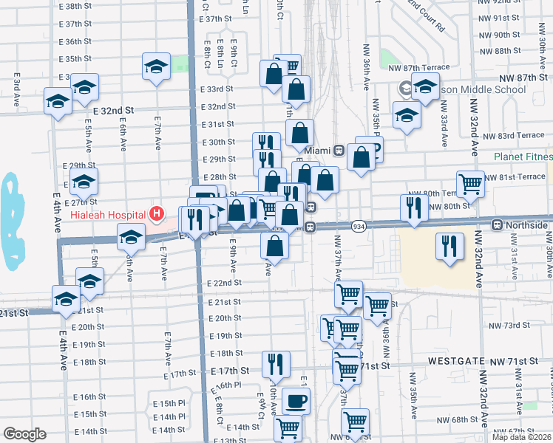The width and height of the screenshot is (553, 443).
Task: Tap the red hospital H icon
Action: click(156, 214)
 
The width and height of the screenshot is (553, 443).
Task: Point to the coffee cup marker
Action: click(296, 402)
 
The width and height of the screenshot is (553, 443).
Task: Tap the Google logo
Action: click(24, 434)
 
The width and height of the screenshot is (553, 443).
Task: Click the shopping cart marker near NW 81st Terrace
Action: click(470, 185)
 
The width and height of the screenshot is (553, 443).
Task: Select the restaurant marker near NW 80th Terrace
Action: click(414, 208)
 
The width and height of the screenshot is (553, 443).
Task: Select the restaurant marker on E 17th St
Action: click(275, 363)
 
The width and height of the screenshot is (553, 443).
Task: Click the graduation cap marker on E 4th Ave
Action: click(65, 298)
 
